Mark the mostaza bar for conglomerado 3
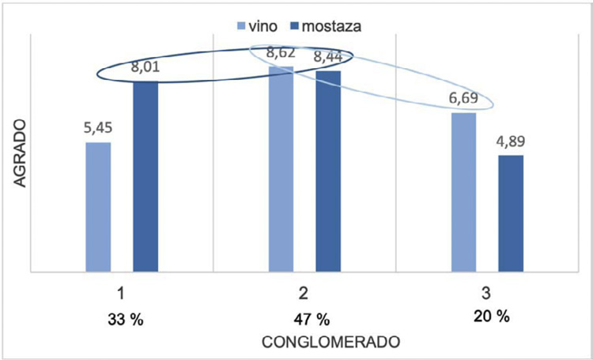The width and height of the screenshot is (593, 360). (511, 214)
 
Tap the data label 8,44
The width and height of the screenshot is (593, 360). (328, 58)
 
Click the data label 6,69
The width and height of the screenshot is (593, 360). (463, 101)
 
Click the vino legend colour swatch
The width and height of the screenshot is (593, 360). (240, 26)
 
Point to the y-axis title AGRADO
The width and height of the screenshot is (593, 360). (21, 154)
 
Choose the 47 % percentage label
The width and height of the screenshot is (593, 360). (308, 320)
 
